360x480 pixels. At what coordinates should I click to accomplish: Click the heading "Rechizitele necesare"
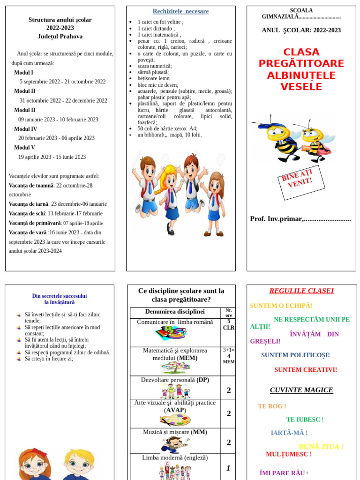(180, 11)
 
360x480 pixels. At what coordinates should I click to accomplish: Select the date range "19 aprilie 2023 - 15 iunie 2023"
(52, 157)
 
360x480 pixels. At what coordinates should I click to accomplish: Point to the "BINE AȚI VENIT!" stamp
(301, 182)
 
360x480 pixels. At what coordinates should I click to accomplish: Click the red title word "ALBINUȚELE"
(301, 75)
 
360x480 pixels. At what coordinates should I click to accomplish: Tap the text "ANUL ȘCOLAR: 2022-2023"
(301, 30)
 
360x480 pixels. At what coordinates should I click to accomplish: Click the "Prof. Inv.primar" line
(300, 219)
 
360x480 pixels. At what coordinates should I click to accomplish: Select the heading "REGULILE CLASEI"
(301, 291)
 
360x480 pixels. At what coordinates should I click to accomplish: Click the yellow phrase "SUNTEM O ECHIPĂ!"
(281, 306)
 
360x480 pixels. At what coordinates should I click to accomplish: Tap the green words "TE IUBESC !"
(305, 420)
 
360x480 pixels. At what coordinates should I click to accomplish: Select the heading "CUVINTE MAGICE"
(301, 390)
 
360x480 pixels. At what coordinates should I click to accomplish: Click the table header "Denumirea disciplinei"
(175, 312)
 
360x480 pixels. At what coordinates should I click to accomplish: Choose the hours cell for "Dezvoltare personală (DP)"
(228, 390)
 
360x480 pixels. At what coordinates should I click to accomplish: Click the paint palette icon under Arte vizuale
(175, 420)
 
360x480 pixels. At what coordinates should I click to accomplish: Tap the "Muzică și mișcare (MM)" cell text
(175, 432)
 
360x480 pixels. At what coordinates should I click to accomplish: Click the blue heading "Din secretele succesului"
(60, 296)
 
